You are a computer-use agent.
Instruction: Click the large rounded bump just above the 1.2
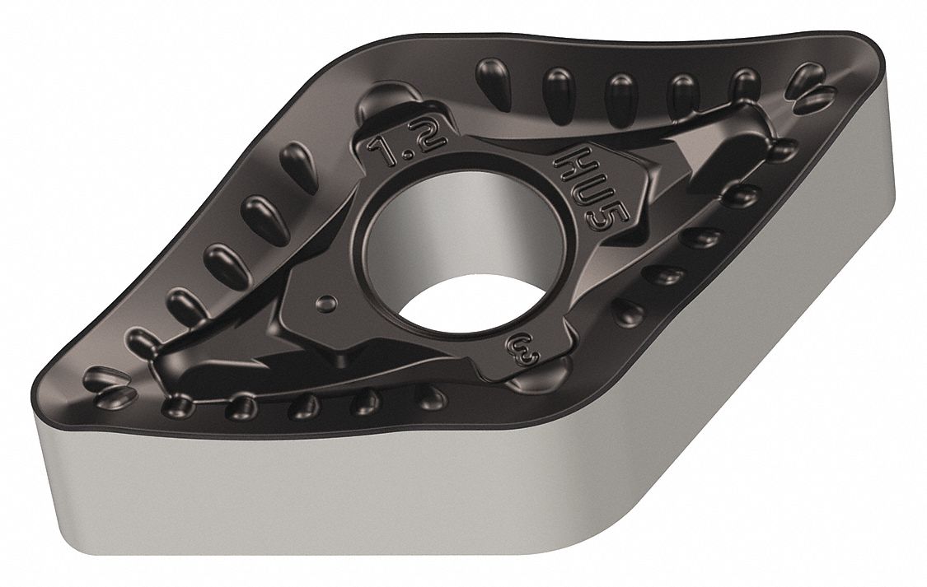(x=386, y=98)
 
